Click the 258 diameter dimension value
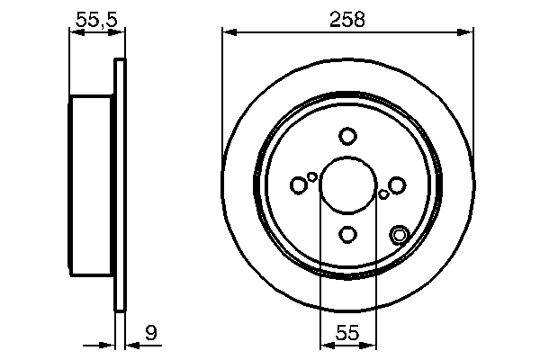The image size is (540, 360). pyautogui.click(x=347, y=19)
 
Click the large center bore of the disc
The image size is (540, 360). pyautogui.click(x=348, y=185)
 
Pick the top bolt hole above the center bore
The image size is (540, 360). pyautogui.click(x=348, y=137)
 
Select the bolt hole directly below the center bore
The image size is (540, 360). pyautogui.click(x=348, y=235)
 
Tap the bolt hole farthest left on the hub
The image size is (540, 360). pyautogui.click(x=299, y=185)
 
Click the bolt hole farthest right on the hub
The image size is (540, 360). pyautogui.click(x=397, y=185)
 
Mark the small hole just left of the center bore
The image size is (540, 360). pyautogui.click(x=312, y=176)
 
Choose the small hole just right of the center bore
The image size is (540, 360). pyautogui.click(x=383, y=193)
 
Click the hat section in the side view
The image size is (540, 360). pyautogui.click(x=92, y=185)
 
